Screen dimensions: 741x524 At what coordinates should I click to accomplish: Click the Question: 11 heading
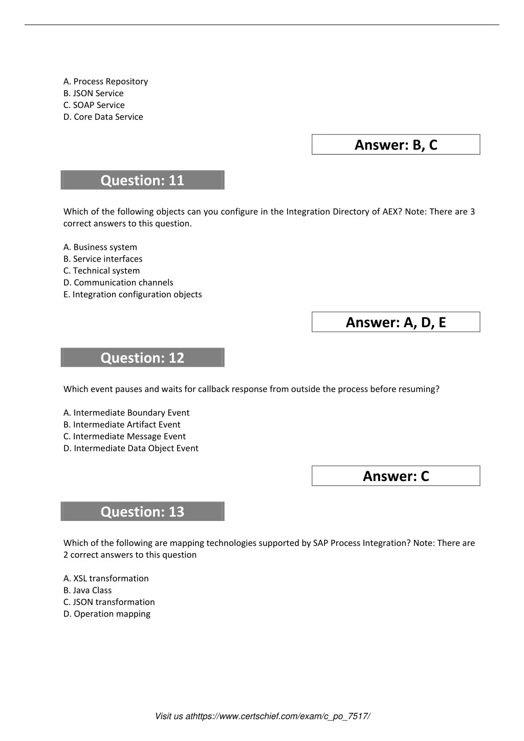[142, 180]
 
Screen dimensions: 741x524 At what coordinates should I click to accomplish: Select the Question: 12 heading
[142, 358]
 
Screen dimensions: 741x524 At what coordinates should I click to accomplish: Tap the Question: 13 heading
[142, 512]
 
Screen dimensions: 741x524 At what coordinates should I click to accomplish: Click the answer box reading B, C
[396, 145]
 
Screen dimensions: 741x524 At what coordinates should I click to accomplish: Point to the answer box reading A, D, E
[396, 322]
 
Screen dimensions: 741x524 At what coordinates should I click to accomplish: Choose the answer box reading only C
[396, 476]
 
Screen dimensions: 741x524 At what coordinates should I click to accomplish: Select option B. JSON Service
[94, 93]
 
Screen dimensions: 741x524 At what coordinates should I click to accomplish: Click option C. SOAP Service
[94, 105]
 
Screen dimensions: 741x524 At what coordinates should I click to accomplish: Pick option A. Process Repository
[106, 81]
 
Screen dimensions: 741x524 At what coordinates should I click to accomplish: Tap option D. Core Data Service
[103, 117]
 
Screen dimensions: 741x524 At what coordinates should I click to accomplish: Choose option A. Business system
[100, 247]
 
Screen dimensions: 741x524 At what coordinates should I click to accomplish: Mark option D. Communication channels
[118, 282]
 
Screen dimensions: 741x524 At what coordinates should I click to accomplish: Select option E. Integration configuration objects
[133, 294]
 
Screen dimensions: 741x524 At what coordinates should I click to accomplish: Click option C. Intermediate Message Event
[124, 437]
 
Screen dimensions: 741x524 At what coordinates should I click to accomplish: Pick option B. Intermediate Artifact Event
[122, 425]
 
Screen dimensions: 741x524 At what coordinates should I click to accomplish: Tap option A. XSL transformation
[106, 578]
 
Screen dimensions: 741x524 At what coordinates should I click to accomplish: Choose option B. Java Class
[88, 590]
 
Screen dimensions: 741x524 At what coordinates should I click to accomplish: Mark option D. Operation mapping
[107, 614]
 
